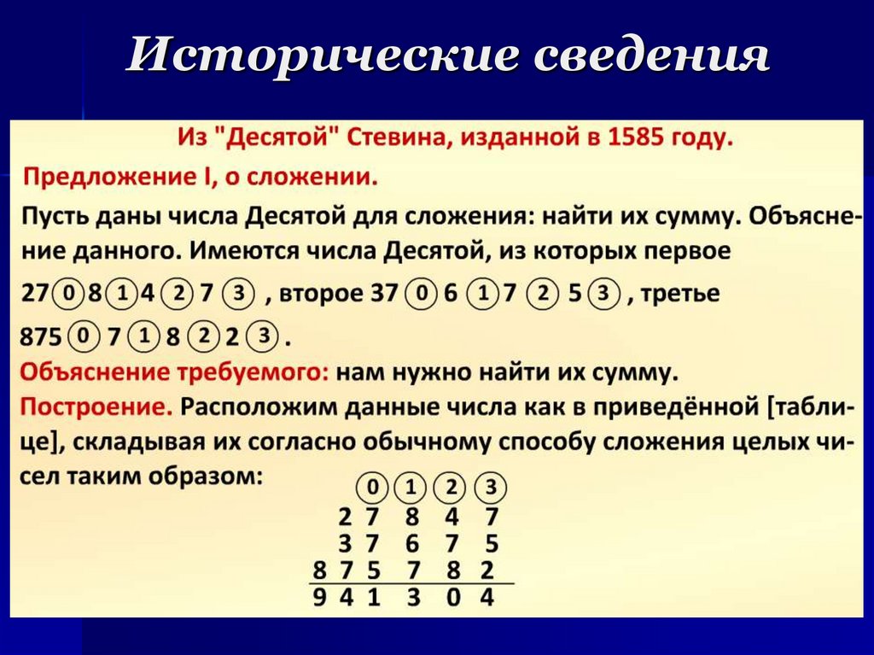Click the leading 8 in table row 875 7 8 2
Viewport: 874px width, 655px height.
point(318,570)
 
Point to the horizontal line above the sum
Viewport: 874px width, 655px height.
point(410,584)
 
